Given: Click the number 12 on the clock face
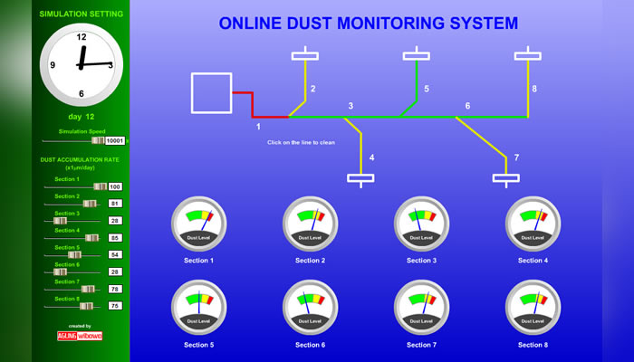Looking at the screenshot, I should pyautogui.click(x=82, y=37).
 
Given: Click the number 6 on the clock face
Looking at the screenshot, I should pyautogui.click(x=82, y=93).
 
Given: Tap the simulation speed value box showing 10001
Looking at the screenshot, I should pyautogui.click(x=116, y=141).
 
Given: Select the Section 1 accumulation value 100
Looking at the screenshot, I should pyautogui.click(x=115, y=186).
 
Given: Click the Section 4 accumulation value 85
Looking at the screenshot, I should pyautogui.click(x=115, y=238).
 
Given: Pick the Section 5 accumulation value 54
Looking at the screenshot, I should pyautogui.click(x=115, y=254).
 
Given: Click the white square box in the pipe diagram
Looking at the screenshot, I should pyautogui.click(x=211, y=93).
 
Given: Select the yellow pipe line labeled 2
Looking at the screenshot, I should pyautogui.click(x=305, y=86).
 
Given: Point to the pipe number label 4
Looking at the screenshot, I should pyautogui.click(x=371, y=157).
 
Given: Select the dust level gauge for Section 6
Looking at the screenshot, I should pyautogui.click(x=311, y=308).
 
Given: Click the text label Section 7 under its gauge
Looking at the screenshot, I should pyautogui.click(x=421, y=345).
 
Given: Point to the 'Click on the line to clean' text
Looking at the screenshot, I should pyautogui.click(x=301, y=142).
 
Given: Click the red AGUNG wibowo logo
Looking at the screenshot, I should pyautogui.click(x=80, y=335).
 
